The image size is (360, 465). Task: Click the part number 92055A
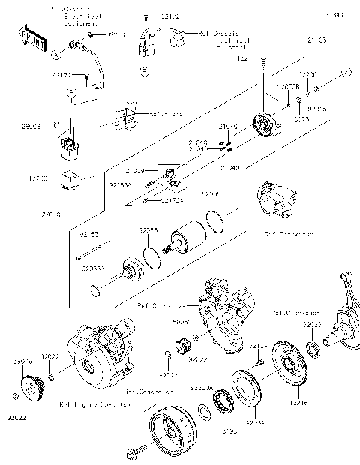(x=94, y=266)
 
